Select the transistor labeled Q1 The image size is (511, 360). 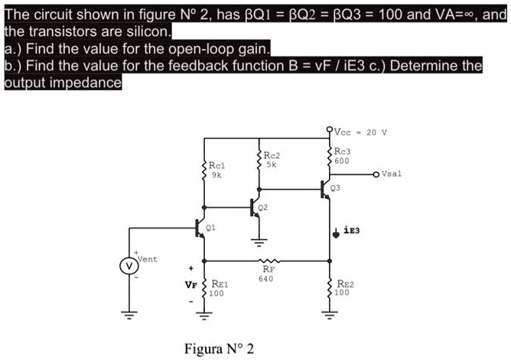click(x=200, y=228)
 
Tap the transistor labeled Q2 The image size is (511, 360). click(x=255, y=207)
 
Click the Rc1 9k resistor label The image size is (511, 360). click(x=216, y=170)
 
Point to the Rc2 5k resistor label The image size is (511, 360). click(x=271, y=159)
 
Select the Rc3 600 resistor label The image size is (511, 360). click(x=343, y=156)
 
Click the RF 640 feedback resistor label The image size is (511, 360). click(x=268, y=273)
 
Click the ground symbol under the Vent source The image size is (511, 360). click(x=129, y=314)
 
